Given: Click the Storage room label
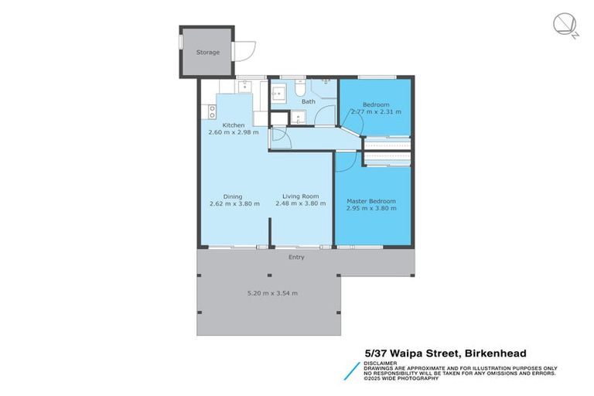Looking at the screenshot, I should coord(207,53).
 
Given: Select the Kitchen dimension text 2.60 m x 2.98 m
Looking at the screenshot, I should coord(234,132).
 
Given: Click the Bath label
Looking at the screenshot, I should coord(308,101).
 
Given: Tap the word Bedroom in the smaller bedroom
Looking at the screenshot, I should coord(376,104).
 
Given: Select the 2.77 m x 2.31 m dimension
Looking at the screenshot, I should coord(376,112).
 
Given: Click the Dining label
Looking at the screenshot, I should coord(234,196).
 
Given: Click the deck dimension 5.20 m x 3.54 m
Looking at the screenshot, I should coord(272,293).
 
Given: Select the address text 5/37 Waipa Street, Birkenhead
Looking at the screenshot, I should coord(445,353).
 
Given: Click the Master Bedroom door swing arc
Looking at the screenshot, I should coord(348,159).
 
